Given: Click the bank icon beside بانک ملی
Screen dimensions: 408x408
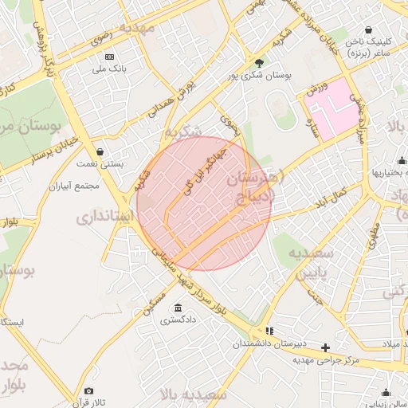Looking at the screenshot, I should (110, 57).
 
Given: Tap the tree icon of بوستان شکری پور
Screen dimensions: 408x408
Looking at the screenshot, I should (258, 63).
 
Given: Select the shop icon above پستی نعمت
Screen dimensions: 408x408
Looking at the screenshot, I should (100, 151).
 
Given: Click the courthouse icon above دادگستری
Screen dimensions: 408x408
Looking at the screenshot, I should (177, 308).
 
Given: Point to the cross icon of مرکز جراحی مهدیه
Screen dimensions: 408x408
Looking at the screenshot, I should (325, 347).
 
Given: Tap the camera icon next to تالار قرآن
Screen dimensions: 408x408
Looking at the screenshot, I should (88, 391).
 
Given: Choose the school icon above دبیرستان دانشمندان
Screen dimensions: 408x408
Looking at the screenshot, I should (269, 331).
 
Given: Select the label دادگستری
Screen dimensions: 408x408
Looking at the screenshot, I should (177, 321).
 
